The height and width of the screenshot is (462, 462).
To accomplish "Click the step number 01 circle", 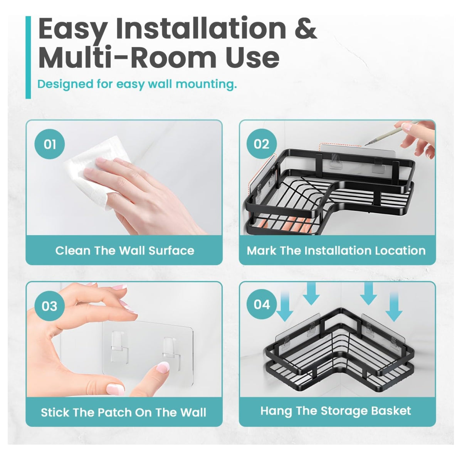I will coord(50,144).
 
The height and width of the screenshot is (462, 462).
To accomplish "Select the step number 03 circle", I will coord(50,306).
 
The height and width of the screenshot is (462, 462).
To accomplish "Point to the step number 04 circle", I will coord(262,304).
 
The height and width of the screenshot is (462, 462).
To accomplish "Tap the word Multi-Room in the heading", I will coord(127,58).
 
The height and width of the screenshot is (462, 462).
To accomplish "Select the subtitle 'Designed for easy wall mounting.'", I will coord(137,84).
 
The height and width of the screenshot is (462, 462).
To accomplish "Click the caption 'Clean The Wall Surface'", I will coord(124,251).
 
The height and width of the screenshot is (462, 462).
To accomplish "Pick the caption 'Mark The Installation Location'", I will coord(336,251).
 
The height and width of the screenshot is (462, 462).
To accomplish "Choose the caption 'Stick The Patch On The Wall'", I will coord(124,412).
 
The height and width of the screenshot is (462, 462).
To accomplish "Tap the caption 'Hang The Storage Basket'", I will coord(336,411).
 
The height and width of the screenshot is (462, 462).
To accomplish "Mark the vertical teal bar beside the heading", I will coord(28,57).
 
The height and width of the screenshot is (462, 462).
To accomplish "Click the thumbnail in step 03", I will coord(115,387).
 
